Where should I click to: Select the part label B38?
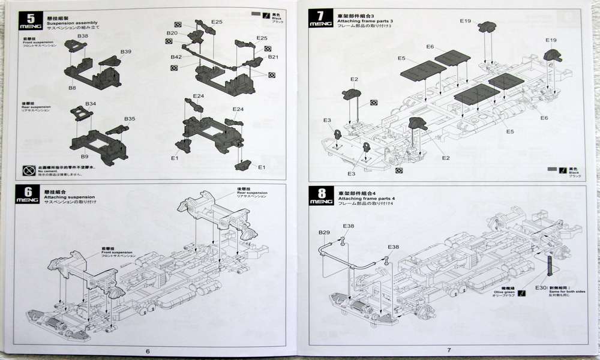(83, 37)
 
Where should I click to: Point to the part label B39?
(125, 52)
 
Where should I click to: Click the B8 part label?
(72, 88)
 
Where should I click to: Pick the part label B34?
(90, 104)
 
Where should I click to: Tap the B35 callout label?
(130, 119)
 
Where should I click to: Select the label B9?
(85, 157)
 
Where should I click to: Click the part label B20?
(172, 34)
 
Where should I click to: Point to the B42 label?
(176, 57)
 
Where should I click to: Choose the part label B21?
(274, 57)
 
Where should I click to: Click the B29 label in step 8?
(325, 232)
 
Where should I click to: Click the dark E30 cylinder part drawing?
(550, 265)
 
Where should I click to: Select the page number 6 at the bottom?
(148, 350)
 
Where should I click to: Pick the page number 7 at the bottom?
(448, 350)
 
